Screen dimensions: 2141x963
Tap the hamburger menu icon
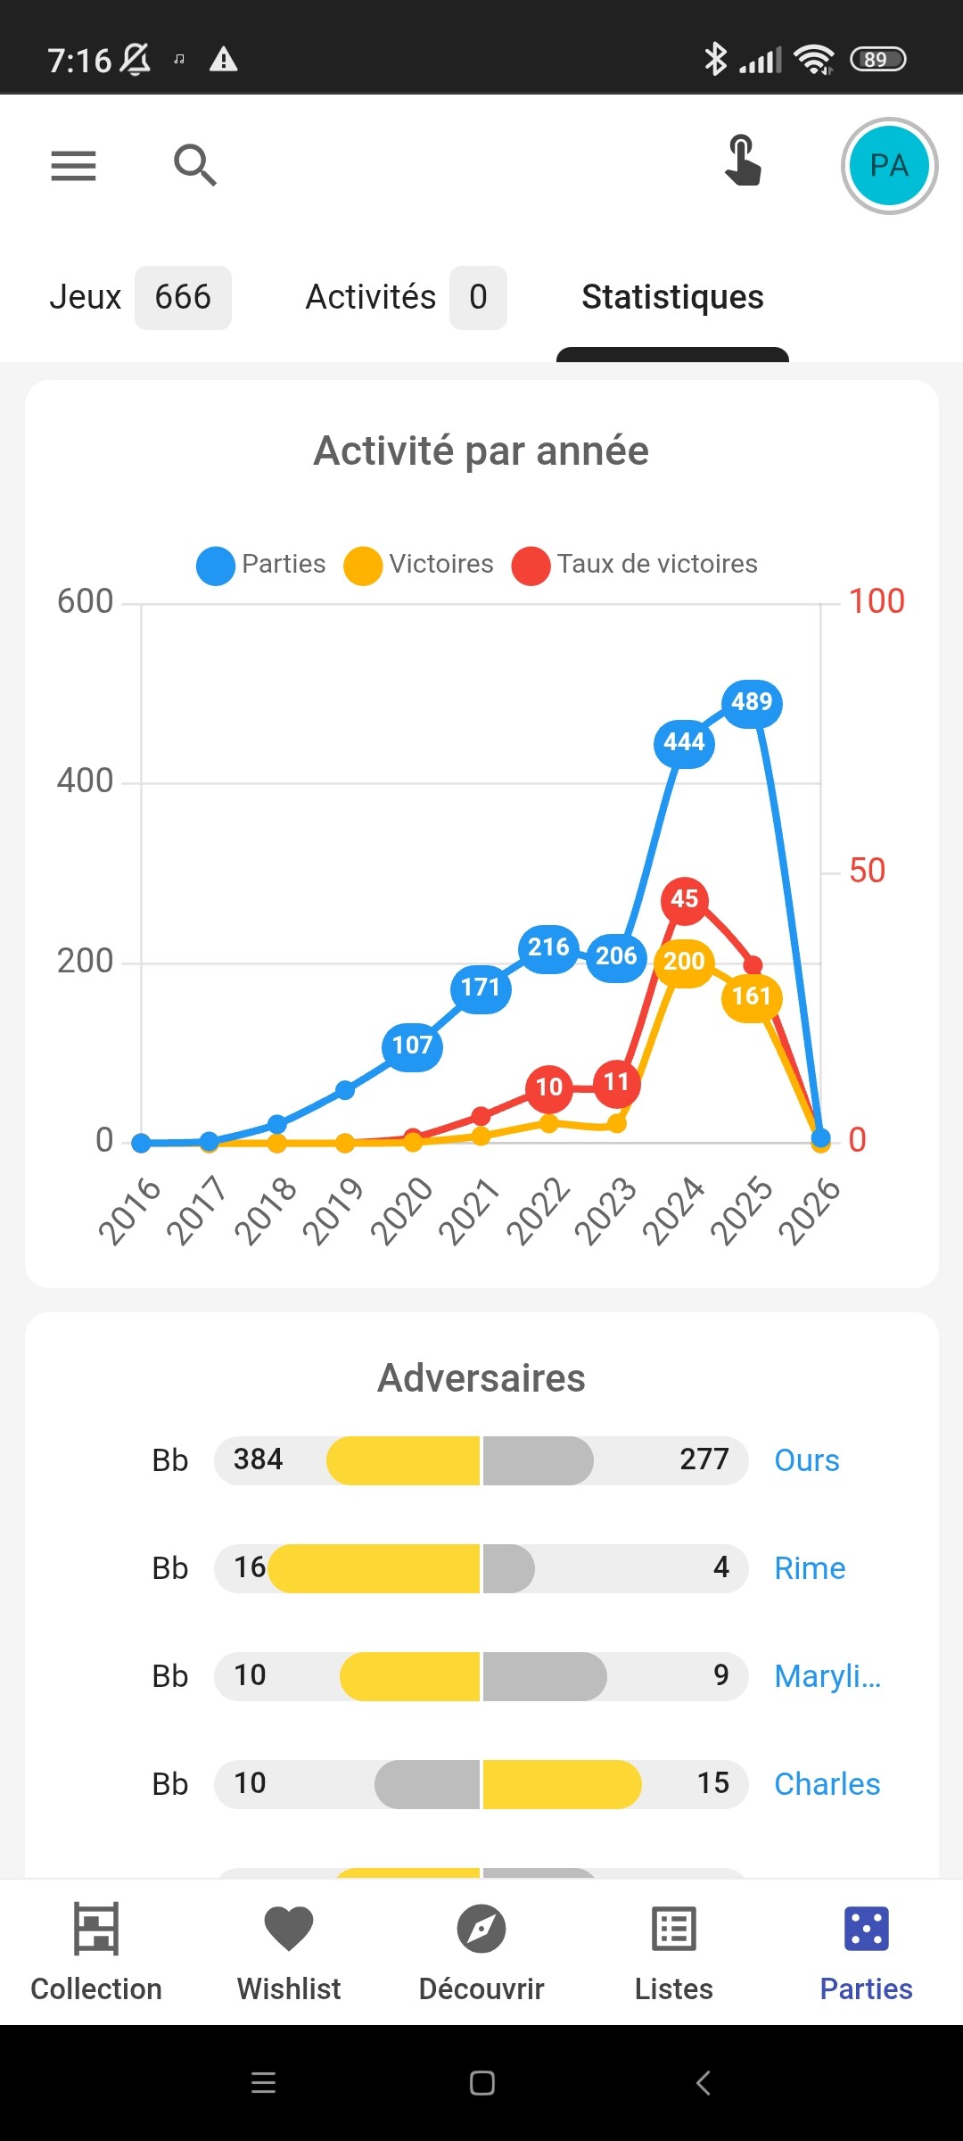[x=73, y=166]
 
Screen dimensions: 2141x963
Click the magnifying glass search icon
[x=194, y=165]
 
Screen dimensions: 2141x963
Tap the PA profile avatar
[x=888, y=166]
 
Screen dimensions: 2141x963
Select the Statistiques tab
[x=672, y=297]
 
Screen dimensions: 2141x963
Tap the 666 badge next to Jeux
[x=183, y=297]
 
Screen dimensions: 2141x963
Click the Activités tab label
[x=370, y=297]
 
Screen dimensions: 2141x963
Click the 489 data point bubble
[x=752, y=702]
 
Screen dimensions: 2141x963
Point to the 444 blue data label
[x=684, y=742]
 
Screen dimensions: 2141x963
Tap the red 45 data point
[x=684, y=899]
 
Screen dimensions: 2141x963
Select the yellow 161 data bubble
[x=752, y=996]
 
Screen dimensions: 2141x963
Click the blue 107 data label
[x=412, y=1046]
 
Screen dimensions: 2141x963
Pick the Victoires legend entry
[x=419, y=565]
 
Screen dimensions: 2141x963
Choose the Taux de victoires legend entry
[x=635, y=565]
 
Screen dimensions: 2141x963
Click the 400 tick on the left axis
[x=85, y=781]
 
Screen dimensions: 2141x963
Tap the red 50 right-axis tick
[x=867, y=871]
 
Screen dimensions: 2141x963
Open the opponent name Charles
[x=827, y=1784]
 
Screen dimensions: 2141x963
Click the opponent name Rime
[x=809, y=1568]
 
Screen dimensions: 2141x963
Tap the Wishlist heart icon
[x=289, y=1929]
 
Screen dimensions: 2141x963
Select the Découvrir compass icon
[x=481, y=1929]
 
